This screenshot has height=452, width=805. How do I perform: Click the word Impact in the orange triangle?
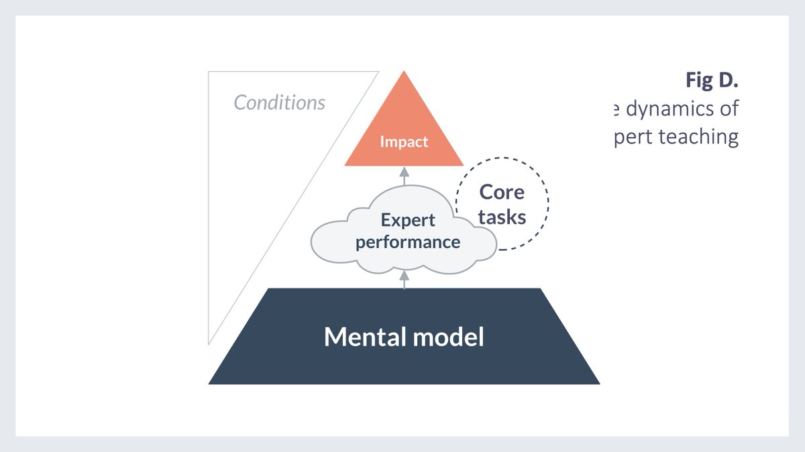pyautogui.click(x=404, y=142)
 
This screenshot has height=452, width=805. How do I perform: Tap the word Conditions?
pyautogui.click(x=279, y=103)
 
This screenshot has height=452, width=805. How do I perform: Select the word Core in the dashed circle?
pyautogui.click(x=502, y=192)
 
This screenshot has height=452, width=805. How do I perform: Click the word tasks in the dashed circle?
pyautogui.click(x=502, y=217)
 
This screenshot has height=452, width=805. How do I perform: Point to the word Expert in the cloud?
pyautogui.click(x=408, y=220)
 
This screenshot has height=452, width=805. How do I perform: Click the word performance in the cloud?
pyautogui.click(x=408, y=241)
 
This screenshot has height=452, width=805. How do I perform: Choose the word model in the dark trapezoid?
pyautogui.click(x=450, y=337)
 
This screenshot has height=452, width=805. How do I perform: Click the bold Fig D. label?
pyautogui.click(x=712, y=80)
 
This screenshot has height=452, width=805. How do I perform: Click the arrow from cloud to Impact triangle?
pyautogui.click(x=404, y=174)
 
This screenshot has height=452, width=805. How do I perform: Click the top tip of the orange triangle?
pyautogui.click(x=404, y=72)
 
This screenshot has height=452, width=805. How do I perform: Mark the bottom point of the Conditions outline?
pyautogui.click(x=209, y=343)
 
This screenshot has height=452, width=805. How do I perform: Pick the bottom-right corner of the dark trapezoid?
pyautogui.click(x=599, y=384)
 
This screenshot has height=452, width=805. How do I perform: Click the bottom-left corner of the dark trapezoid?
pyautogui.click(x=209, y=384)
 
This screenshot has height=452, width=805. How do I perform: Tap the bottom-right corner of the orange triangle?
pyautogui.click(x=462, y=165)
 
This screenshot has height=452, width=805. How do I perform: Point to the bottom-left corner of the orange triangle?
pyautogui.click(x=345, y=165)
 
